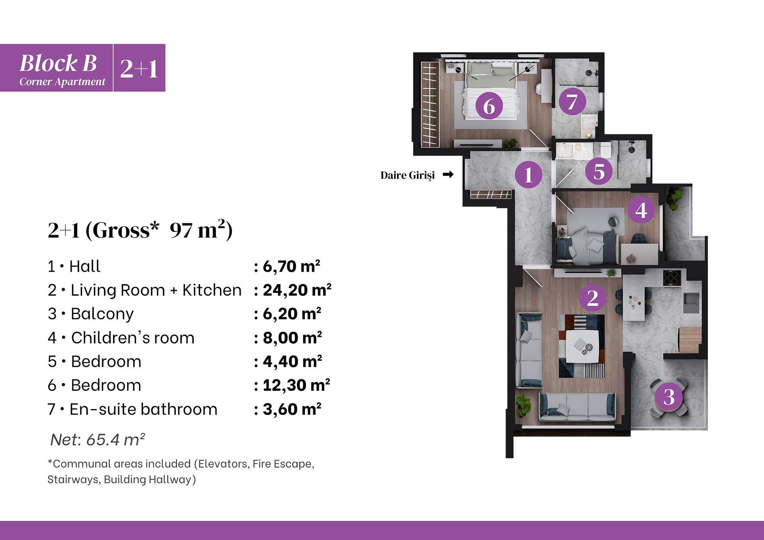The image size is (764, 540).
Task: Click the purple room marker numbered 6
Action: (x=489, y=106)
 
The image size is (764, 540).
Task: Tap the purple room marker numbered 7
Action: (x=572, y=102)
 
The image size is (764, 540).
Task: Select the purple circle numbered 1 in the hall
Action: (x=528, y=174)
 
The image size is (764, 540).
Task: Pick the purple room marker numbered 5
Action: (x=599, y=172)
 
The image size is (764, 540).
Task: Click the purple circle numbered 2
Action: (x=592, y=298)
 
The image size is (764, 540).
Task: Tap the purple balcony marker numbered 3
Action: (x=669, y=397)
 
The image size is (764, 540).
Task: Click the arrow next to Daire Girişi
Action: (x=448, y=174)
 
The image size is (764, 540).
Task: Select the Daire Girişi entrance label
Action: (x=407, y=175)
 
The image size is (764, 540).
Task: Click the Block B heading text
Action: (x=58, y=63)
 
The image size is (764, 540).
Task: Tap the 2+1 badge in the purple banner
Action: (x=139, y=68)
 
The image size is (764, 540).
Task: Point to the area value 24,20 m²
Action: (x=297, y=290)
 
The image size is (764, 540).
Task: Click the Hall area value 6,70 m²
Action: (x=291, y=266)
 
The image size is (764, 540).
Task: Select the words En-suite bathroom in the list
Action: (x=144, y=409)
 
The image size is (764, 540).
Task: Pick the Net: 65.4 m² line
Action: (x=97, y=439)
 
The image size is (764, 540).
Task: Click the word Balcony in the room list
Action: (x=102, y=314)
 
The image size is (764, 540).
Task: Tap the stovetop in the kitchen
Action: (x=672, y=277)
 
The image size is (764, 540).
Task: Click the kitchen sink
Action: (x=692, y=302)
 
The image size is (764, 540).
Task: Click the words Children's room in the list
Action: (x=133, y=338)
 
